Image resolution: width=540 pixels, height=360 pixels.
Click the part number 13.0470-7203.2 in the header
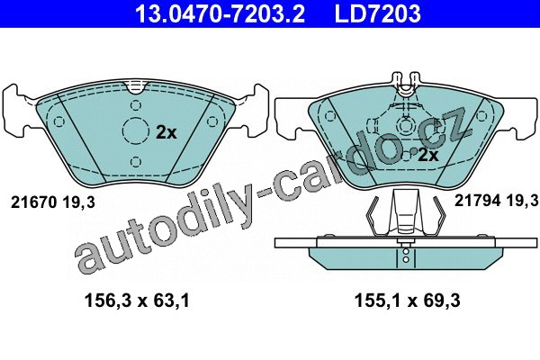220,13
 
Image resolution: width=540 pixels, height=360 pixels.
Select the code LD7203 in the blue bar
377,13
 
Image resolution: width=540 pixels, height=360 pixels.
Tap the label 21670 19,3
53,202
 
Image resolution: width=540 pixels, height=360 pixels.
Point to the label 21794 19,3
496,200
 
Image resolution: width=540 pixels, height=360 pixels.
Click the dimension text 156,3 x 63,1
137,301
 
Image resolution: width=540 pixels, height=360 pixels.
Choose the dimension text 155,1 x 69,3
407,301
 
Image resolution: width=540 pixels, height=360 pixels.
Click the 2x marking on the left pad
166,132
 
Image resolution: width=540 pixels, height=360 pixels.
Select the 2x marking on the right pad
427,155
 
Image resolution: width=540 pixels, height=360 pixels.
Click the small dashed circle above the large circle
136,105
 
